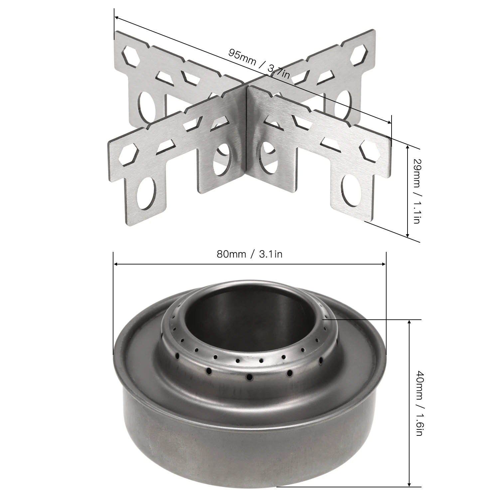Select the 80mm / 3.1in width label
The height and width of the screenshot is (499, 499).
click(249, 254)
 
